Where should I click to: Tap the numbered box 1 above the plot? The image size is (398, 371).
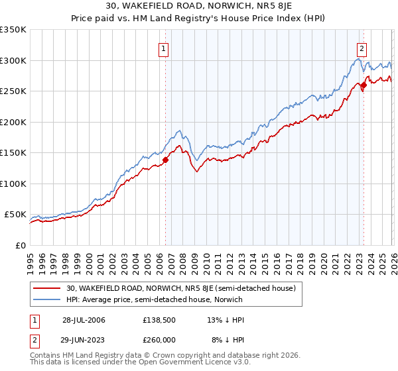click(x=163, y=48)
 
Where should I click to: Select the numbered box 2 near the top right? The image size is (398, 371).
click(x=362, y=48)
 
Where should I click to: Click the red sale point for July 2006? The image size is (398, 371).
click(x=165, y=159)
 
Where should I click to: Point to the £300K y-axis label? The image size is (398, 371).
click(x=13, y=60)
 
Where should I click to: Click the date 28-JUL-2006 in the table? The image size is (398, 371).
click(x=84, y=319)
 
